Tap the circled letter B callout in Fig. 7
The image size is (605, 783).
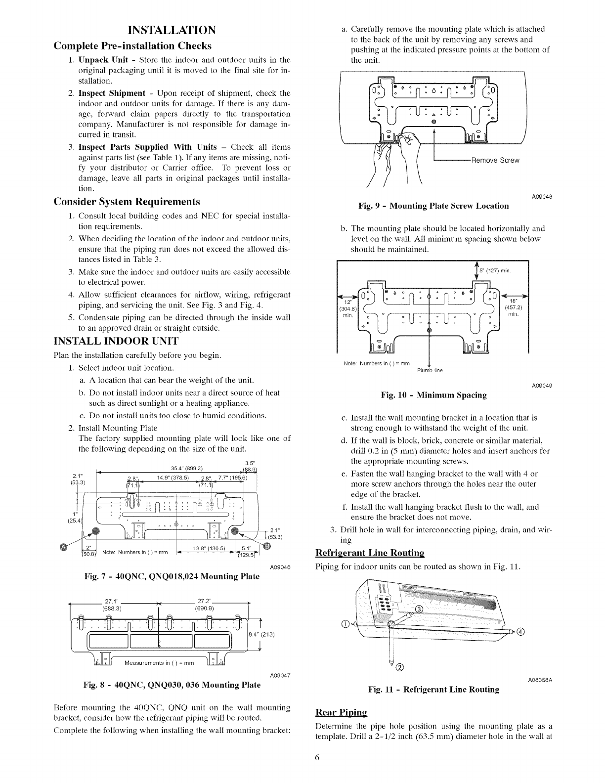coord(267,546)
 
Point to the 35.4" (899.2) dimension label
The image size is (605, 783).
coord(184,469)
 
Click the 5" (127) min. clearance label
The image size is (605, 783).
coord(494,270)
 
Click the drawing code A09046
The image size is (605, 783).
coord(280,566)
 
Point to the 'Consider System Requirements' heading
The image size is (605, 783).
coord(127,201)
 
